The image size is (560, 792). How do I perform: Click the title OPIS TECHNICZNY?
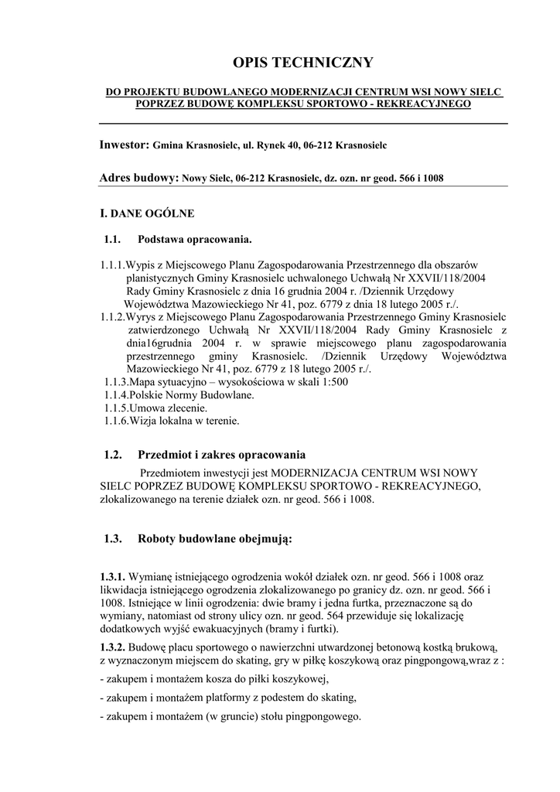coord(303,63)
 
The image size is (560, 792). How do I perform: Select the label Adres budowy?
coord(139,178)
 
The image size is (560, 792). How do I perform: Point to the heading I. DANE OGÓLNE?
coord(148,213)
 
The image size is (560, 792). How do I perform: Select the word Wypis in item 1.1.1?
coord(141,265)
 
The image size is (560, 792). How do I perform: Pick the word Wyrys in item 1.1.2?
coord(142,317)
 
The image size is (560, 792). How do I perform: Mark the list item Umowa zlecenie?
coord(169,408)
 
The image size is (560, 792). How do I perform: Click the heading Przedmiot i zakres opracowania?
coord(221,454)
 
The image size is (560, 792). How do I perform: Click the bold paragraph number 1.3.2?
coord(113,646)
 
